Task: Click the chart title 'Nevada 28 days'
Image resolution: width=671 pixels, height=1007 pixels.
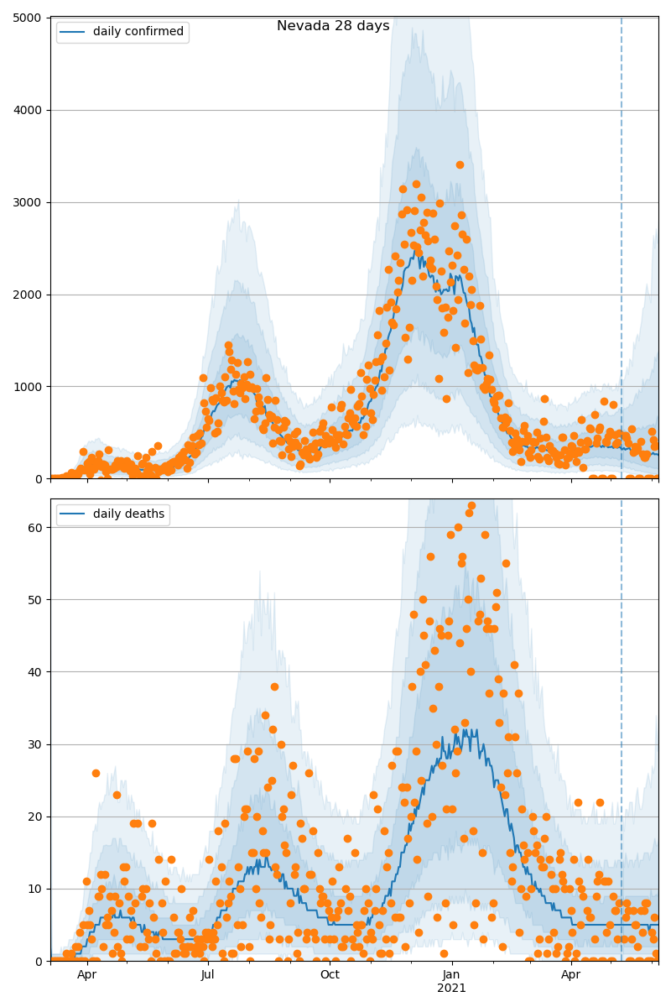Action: coord(333,26)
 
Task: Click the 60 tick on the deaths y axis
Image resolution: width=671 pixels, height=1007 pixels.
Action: coord(37,528)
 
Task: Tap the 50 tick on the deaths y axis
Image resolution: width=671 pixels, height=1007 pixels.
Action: coord(37,600)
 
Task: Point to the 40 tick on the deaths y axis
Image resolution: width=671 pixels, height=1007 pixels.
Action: coord(37,672)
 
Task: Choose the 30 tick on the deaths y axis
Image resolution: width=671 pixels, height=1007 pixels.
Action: coord(37,744)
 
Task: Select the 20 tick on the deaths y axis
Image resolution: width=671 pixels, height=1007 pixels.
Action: coord(37,817)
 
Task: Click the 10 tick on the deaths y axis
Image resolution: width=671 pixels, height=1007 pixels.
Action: coord(37,889)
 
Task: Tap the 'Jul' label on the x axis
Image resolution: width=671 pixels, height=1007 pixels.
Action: coord(208,975)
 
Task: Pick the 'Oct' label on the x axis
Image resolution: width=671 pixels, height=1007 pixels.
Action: coord(330,975)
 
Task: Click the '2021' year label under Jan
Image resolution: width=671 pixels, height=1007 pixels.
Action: coord(451,989)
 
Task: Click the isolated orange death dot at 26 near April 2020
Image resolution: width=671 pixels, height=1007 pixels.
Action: coord(96,773)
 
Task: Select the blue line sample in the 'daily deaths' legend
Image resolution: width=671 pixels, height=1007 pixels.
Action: coord(73,514)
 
